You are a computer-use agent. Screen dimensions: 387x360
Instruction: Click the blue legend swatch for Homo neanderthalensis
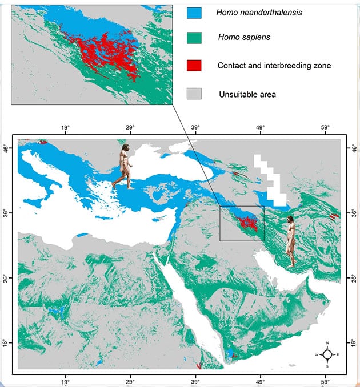[x=194, y=12]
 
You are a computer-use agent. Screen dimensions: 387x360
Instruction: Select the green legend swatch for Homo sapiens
[x=194, y=38]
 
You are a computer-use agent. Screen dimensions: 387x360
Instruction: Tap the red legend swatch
[x=194, y=65]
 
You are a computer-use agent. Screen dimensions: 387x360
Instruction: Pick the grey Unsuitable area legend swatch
[x=194, y=93]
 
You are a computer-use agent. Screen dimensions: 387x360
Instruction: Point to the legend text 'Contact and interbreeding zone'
[x=274, y=66]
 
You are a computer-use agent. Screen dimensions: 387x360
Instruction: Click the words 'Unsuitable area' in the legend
[x=247, y=94]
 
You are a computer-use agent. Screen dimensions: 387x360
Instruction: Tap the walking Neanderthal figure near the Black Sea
[x=124, y=167]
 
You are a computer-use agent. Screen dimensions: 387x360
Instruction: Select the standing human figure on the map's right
[x=291, y=241]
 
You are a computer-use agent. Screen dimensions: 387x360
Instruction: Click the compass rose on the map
[x=327, y=354]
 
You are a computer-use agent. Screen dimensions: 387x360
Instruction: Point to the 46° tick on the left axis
[x=6, y=149]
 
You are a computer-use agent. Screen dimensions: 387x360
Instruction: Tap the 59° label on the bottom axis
[x=325, y=382]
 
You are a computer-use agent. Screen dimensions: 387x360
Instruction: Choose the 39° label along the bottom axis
[x=195, y=382]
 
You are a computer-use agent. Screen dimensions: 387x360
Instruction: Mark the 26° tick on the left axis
[x=6, y=278]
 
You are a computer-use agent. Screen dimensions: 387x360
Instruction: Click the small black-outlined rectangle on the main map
[x=242, y=223]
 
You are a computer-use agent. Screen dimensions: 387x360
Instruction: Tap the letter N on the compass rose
[x=327, y=344]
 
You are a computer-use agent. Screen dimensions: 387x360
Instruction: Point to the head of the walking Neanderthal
[x=125, y=149]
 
